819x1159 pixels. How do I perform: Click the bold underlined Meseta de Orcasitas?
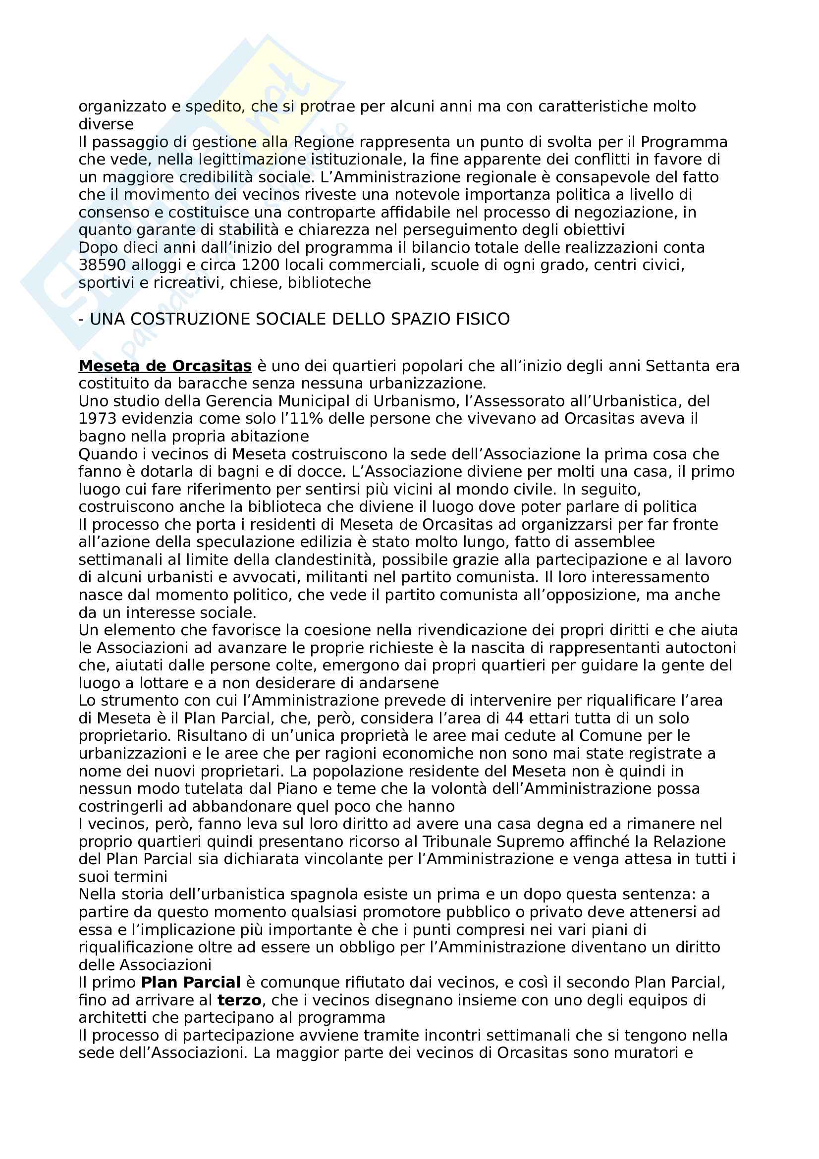tap(165, 366)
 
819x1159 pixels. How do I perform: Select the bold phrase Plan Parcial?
tap(191, 982)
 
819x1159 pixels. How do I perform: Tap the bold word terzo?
tap(239, 1000)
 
